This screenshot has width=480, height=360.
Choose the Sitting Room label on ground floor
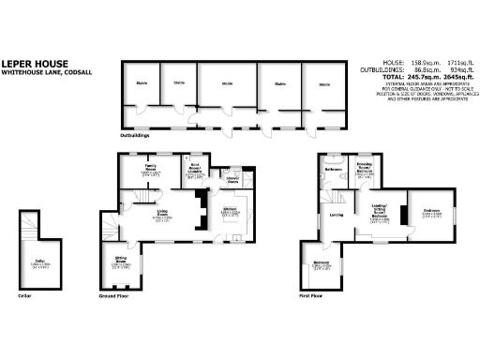pyautogui.click(x=122, y=263)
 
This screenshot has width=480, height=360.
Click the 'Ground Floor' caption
pyautogui.click(x=113, y=294)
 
